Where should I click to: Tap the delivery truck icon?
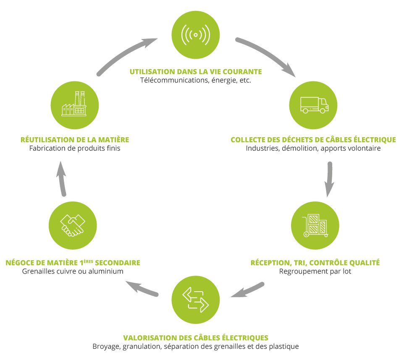coord(314,105)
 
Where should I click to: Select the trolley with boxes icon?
coord(315,227)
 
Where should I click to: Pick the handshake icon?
coord(73,227)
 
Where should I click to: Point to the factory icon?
coord(74,104)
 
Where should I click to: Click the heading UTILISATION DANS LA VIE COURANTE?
coord(195,71)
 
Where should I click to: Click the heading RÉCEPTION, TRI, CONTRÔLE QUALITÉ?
coord(315,263)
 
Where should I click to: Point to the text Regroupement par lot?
coord(315,271)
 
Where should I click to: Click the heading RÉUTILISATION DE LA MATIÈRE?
coord(74,140)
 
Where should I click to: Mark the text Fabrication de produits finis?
coord(74,149)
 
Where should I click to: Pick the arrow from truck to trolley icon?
coord(330,179)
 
